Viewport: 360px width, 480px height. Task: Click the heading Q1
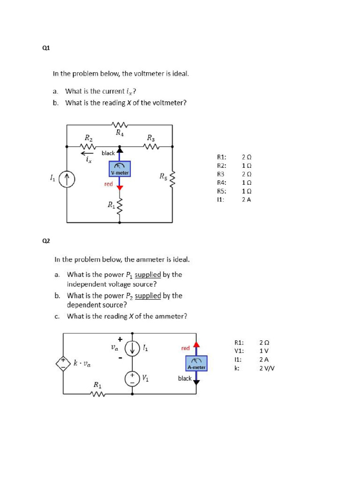tap(46, 48)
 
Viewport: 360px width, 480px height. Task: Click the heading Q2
tap(46, 241)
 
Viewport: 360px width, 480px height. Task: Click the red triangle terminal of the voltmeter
tap(120, 187)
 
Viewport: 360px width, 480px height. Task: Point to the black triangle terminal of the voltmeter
tap(120, 150)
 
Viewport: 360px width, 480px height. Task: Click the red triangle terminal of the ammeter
tap(196, 345)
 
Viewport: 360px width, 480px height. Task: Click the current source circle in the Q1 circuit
tap(67, 178)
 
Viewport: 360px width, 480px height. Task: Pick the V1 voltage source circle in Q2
tap(132, 379)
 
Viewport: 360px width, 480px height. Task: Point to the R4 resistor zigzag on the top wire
tap(120, 125)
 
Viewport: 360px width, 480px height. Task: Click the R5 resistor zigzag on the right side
tap(172, 178)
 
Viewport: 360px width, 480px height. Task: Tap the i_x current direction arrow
tap(87, 153)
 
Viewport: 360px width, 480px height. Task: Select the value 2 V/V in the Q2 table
tap(267, 368)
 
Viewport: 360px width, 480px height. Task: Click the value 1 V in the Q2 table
tap(264, 351)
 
